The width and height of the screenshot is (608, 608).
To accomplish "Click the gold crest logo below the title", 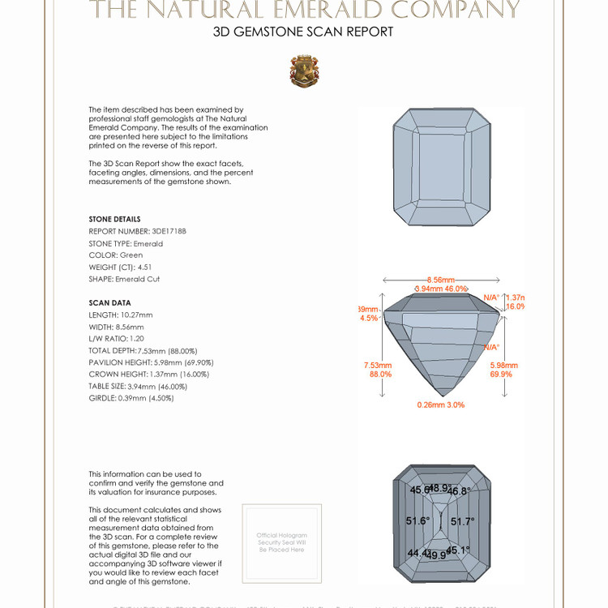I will pyautogui.click(x=304, y=71).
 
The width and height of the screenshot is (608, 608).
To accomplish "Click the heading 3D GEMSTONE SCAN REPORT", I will pyautogui.click(x=303, y=32).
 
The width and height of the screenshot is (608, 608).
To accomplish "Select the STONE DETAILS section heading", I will pyautogui.click(x=114, y=219).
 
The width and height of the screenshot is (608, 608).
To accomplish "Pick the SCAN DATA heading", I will pyautogui.click(x=109, y=302).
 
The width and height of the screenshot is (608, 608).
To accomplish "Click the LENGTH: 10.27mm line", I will pyautogui.click(x=121, y=315).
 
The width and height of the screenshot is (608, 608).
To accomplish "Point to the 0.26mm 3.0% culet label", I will pyautogui.click(x=441, y=405).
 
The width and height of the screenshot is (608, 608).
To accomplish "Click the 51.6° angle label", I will pyautogui.click(x=418, y=521).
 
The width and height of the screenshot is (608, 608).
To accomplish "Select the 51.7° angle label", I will pyautogui.click(x=463, y=521).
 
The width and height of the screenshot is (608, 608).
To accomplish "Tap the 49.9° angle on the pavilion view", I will pyautogui.click(x=436, y=555).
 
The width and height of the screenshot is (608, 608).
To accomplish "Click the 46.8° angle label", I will pyautogui.click(x=459, y=491).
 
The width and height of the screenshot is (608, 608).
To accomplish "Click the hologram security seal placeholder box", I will pyautogui.click(x=281, y=543).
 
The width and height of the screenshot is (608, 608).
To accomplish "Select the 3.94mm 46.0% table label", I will pyautogui.click(x=441, y=289).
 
